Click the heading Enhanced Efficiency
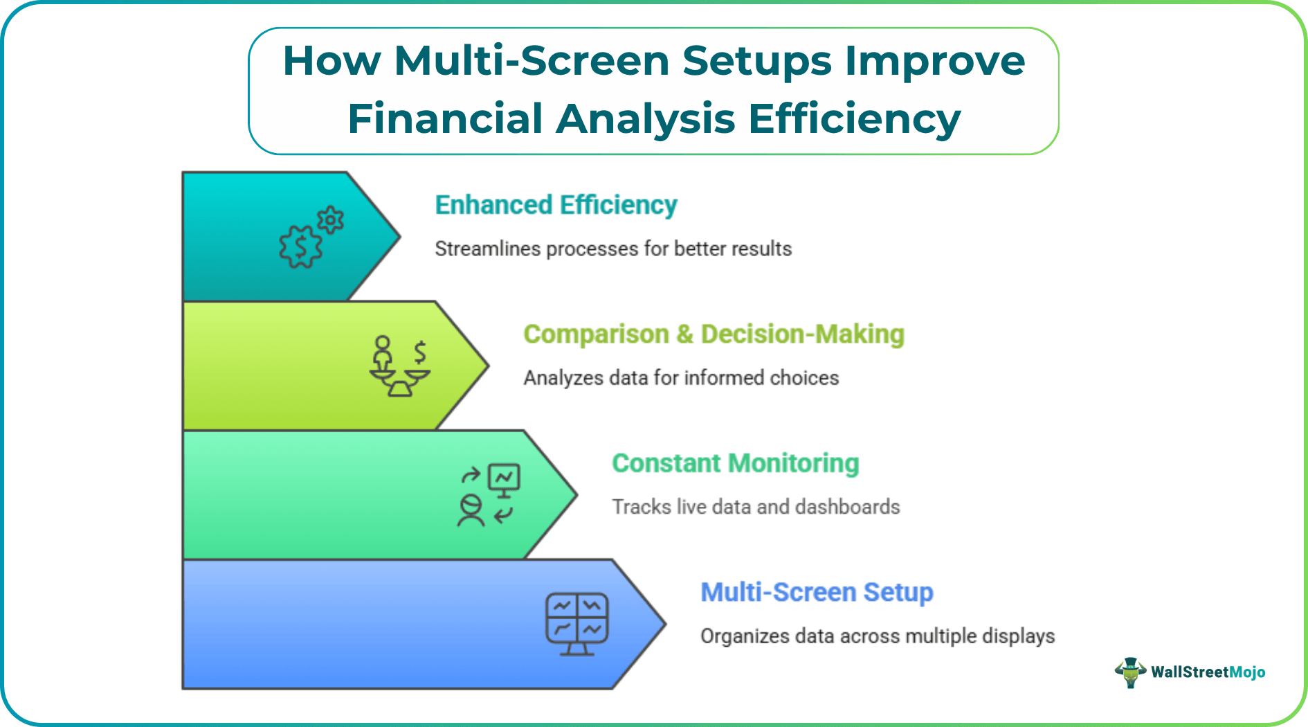coord(556,205)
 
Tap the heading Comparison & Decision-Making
coord(714,334)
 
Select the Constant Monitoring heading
coord(735,463)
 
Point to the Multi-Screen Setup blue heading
coord(817,593)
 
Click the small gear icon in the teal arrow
coord(331,220)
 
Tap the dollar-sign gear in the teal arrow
coord(300,247)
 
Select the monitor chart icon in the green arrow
coord(504,479)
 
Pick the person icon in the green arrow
coord(471,511)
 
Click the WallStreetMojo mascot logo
coord(1130,672)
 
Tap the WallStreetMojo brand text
coord(1208,672)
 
